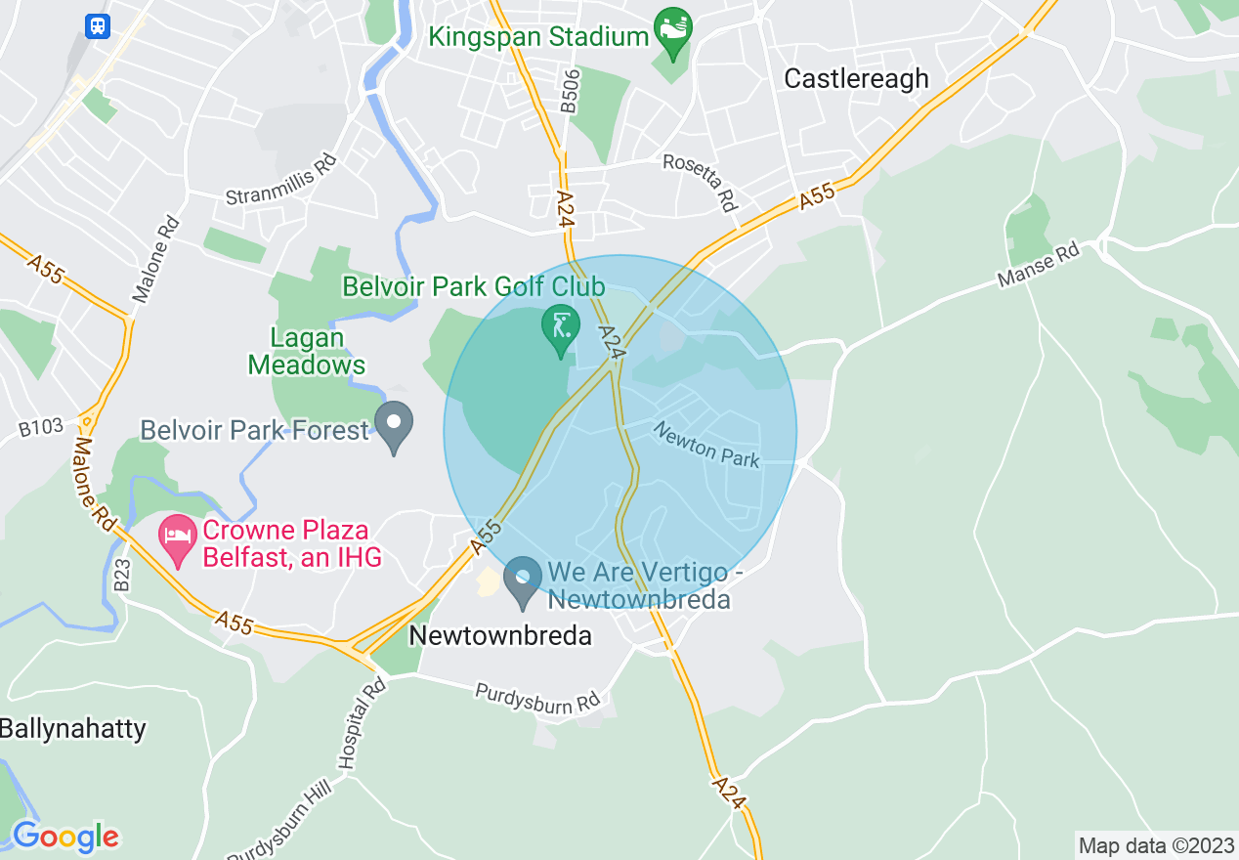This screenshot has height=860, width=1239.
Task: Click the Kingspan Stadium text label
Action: click(539, 37)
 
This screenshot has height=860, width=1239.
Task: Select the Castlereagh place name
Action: click(856, 79)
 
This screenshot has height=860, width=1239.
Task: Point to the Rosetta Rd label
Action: click(700, 181)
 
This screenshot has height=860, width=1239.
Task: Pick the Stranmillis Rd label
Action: click(281, 181)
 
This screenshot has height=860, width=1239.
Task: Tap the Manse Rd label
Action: click(1039, 265)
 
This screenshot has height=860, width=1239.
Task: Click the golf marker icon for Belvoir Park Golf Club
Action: click(561, 326)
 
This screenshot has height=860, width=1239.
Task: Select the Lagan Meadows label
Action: click(307, 352)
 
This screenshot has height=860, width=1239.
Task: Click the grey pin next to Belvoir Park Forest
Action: click(395, 425)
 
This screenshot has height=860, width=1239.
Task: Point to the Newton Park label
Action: click(706, 445)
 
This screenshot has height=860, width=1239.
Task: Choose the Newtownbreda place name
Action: click(500, 635)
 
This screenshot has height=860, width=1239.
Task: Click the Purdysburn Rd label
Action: click(537, 700)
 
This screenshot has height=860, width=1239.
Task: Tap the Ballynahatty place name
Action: click(73, 729)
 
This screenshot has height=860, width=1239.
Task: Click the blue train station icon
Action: click(98, 25)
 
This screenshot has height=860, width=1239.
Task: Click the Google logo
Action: click(65, 837)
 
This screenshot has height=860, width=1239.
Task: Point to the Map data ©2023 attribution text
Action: click(1156, 845)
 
